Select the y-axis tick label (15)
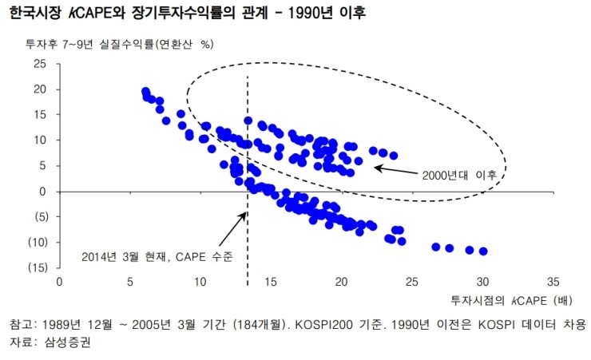coord(38,267)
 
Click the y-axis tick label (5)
coord(41,216)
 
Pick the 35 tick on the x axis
coord(553,282)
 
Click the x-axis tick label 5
coord(129,282)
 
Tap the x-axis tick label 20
coord(341,282)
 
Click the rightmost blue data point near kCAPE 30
coord(483,251)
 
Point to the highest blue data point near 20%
coord(145,92)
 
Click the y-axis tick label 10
coord(42,140)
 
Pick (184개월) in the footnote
coord(250,325)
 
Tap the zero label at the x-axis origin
coord(59,282)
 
